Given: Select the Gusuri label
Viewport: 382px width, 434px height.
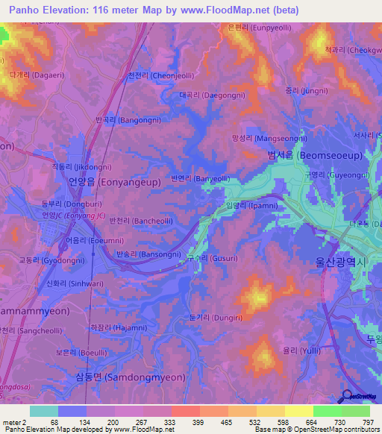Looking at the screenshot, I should [211, 257].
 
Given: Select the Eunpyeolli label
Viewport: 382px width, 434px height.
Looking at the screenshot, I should [260, 27].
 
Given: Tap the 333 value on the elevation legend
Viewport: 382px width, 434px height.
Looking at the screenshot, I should [179, 424].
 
